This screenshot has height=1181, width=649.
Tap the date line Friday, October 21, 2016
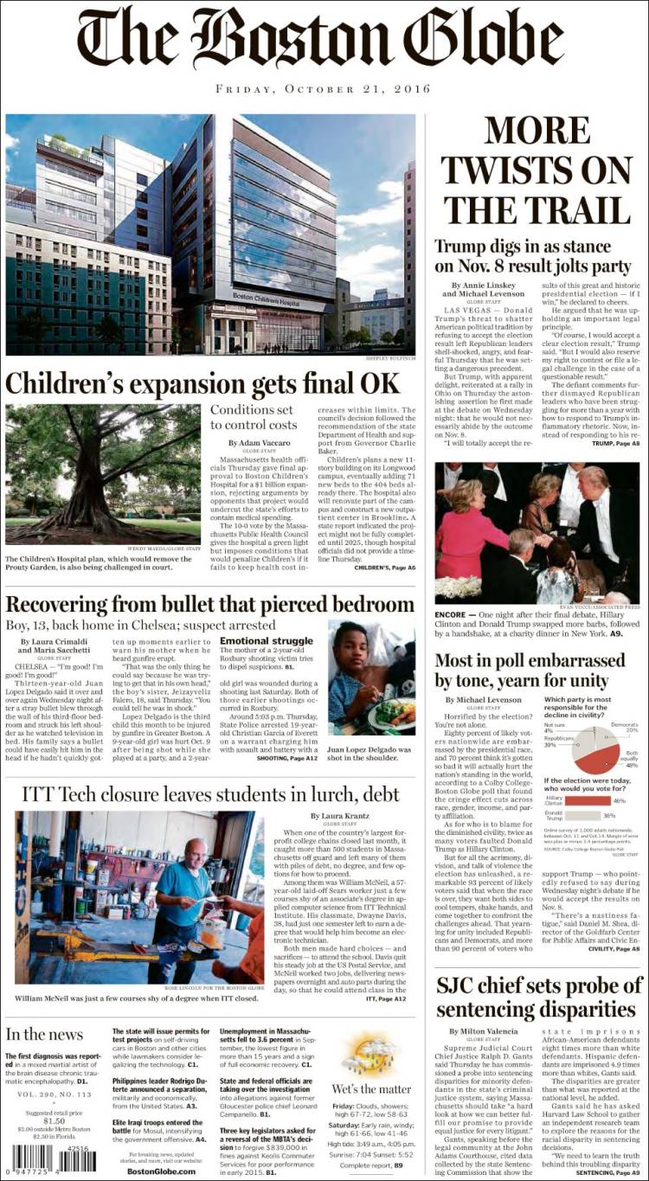(324, 89)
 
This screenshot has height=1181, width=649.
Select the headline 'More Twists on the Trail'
(537, 170)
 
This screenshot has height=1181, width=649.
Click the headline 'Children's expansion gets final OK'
(203, 382)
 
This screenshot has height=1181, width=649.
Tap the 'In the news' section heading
(44, 1035)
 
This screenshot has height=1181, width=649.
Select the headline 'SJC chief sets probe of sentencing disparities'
(539, 998)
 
